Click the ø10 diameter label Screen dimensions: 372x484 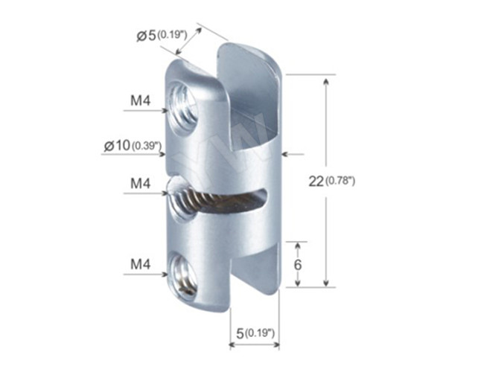pos(117,146)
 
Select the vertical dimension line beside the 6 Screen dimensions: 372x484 pos(299,264)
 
